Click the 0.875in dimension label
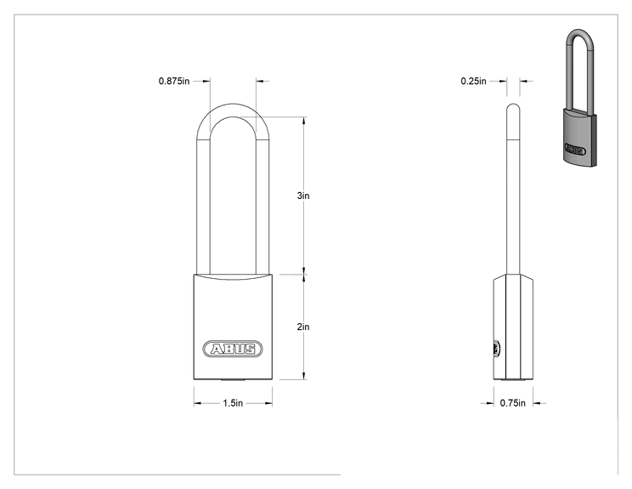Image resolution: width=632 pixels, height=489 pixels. pos(174,81)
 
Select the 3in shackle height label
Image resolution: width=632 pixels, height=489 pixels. pos(303,196)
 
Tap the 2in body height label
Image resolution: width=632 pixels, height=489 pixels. pos(303,327)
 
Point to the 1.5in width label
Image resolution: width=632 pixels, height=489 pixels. pos(233,403)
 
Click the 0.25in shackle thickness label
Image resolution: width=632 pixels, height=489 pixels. pos(474,81)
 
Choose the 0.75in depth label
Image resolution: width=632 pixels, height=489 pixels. pos(513,403)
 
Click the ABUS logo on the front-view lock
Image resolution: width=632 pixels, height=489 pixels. pos(233,349)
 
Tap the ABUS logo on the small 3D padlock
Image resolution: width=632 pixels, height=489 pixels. pos(575,150)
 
